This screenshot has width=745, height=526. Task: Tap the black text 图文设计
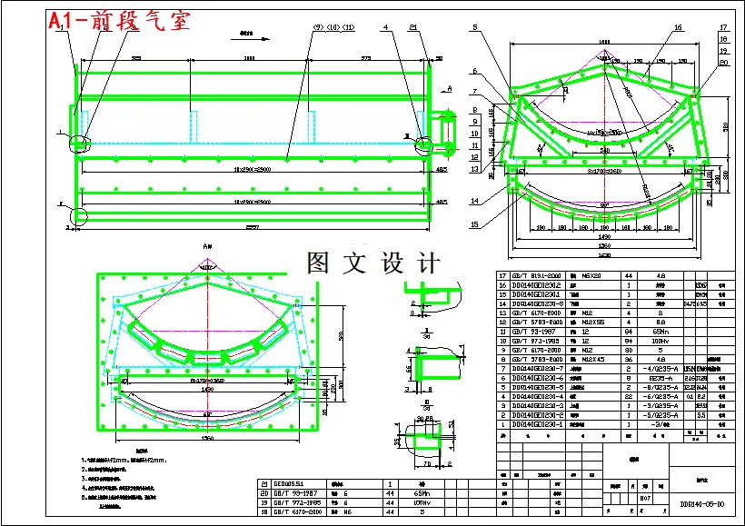click(374, 263)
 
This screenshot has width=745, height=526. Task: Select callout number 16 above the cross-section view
click(678, 28)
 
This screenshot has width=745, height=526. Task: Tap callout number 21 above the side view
click(413, 28)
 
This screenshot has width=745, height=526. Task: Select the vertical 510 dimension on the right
click(725, 127)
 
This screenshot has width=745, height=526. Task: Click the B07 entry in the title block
click(646, 499)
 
